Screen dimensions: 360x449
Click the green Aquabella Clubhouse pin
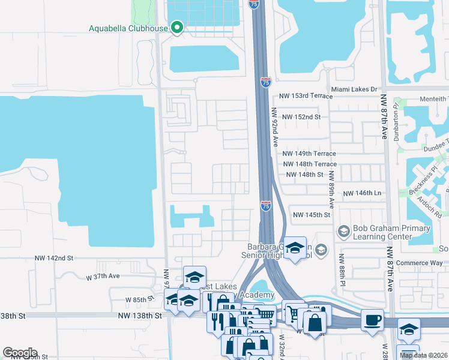tap(176, 28)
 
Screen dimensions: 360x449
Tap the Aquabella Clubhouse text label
tap(128, 28)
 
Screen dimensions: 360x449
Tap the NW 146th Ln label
tap(362, 194)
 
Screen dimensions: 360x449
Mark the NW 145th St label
tap(312, 215)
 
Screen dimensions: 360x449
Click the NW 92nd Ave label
tap(275, 127)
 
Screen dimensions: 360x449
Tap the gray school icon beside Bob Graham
tap(344, 231)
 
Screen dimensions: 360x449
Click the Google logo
tap(20, 353)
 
